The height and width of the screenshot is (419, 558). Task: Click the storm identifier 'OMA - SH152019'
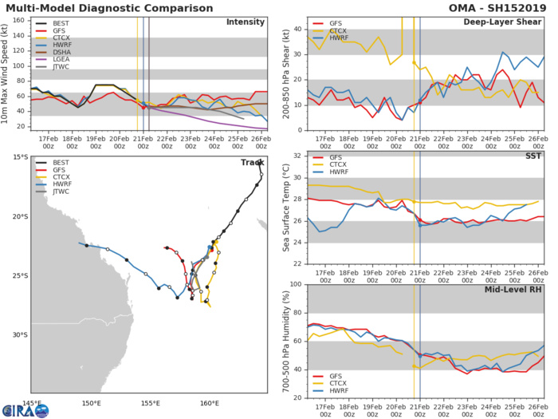[505, 6]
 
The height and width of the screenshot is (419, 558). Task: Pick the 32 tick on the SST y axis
[298, 156]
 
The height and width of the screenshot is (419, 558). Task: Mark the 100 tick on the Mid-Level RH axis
[297, 285]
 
